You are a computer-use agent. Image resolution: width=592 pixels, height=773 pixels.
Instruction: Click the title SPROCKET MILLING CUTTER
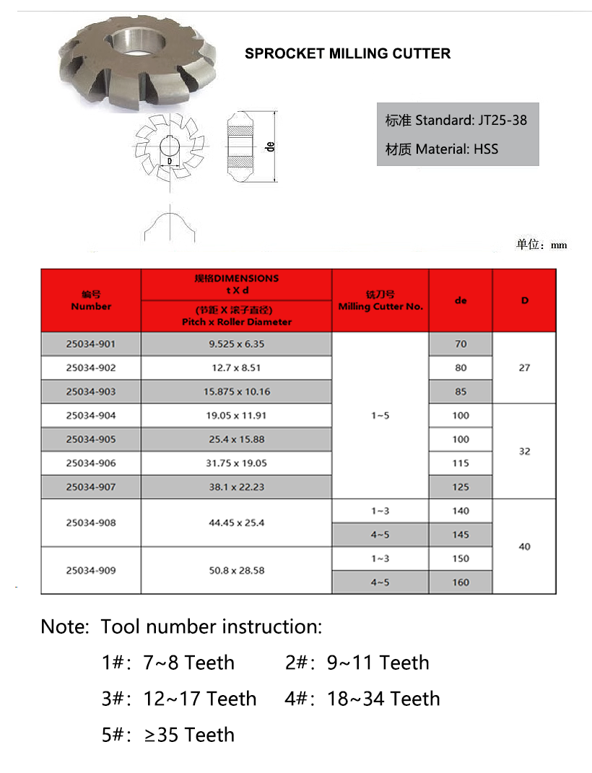point(347,53)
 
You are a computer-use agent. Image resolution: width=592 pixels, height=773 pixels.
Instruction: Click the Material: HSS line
point(442,149)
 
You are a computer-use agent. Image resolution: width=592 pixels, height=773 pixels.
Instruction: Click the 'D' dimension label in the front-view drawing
point(170,161)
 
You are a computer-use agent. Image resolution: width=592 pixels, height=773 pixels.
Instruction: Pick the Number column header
point(91,300)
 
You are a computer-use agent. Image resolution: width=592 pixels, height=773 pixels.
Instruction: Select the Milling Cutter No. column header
point(380,300)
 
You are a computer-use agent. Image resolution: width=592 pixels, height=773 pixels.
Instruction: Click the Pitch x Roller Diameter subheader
point(236,316)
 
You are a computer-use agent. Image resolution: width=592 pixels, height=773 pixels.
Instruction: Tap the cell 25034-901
point(91,344)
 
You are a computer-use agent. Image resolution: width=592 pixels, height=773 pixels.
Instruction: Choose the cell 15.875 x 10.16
point(236,391)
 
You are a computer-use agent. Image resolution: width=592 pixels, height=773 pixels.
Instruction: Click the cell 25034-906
point(91,463)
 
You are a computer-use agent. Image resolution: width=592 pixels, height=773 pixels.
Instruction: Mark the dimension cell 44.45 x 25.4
point(236,523)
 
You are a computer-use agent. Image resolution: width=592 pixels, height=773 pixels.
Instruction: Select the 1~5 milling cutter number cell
point(380,415)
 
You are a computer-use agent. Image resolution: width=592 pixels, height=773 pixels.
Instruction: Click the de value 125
point(461,486)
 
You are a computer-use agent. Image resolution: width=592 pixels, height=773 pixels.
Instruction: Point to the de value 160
point(461,582)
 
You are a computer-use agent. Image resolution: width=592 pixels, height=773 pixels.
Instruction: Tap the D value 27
point(524,367)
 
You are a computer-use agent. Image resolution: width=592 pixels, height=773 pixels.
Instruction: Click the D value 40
point(524,546)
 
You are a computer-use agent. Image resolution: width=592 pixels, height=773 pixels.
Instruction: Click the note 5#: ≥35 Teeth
point(168,735)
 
